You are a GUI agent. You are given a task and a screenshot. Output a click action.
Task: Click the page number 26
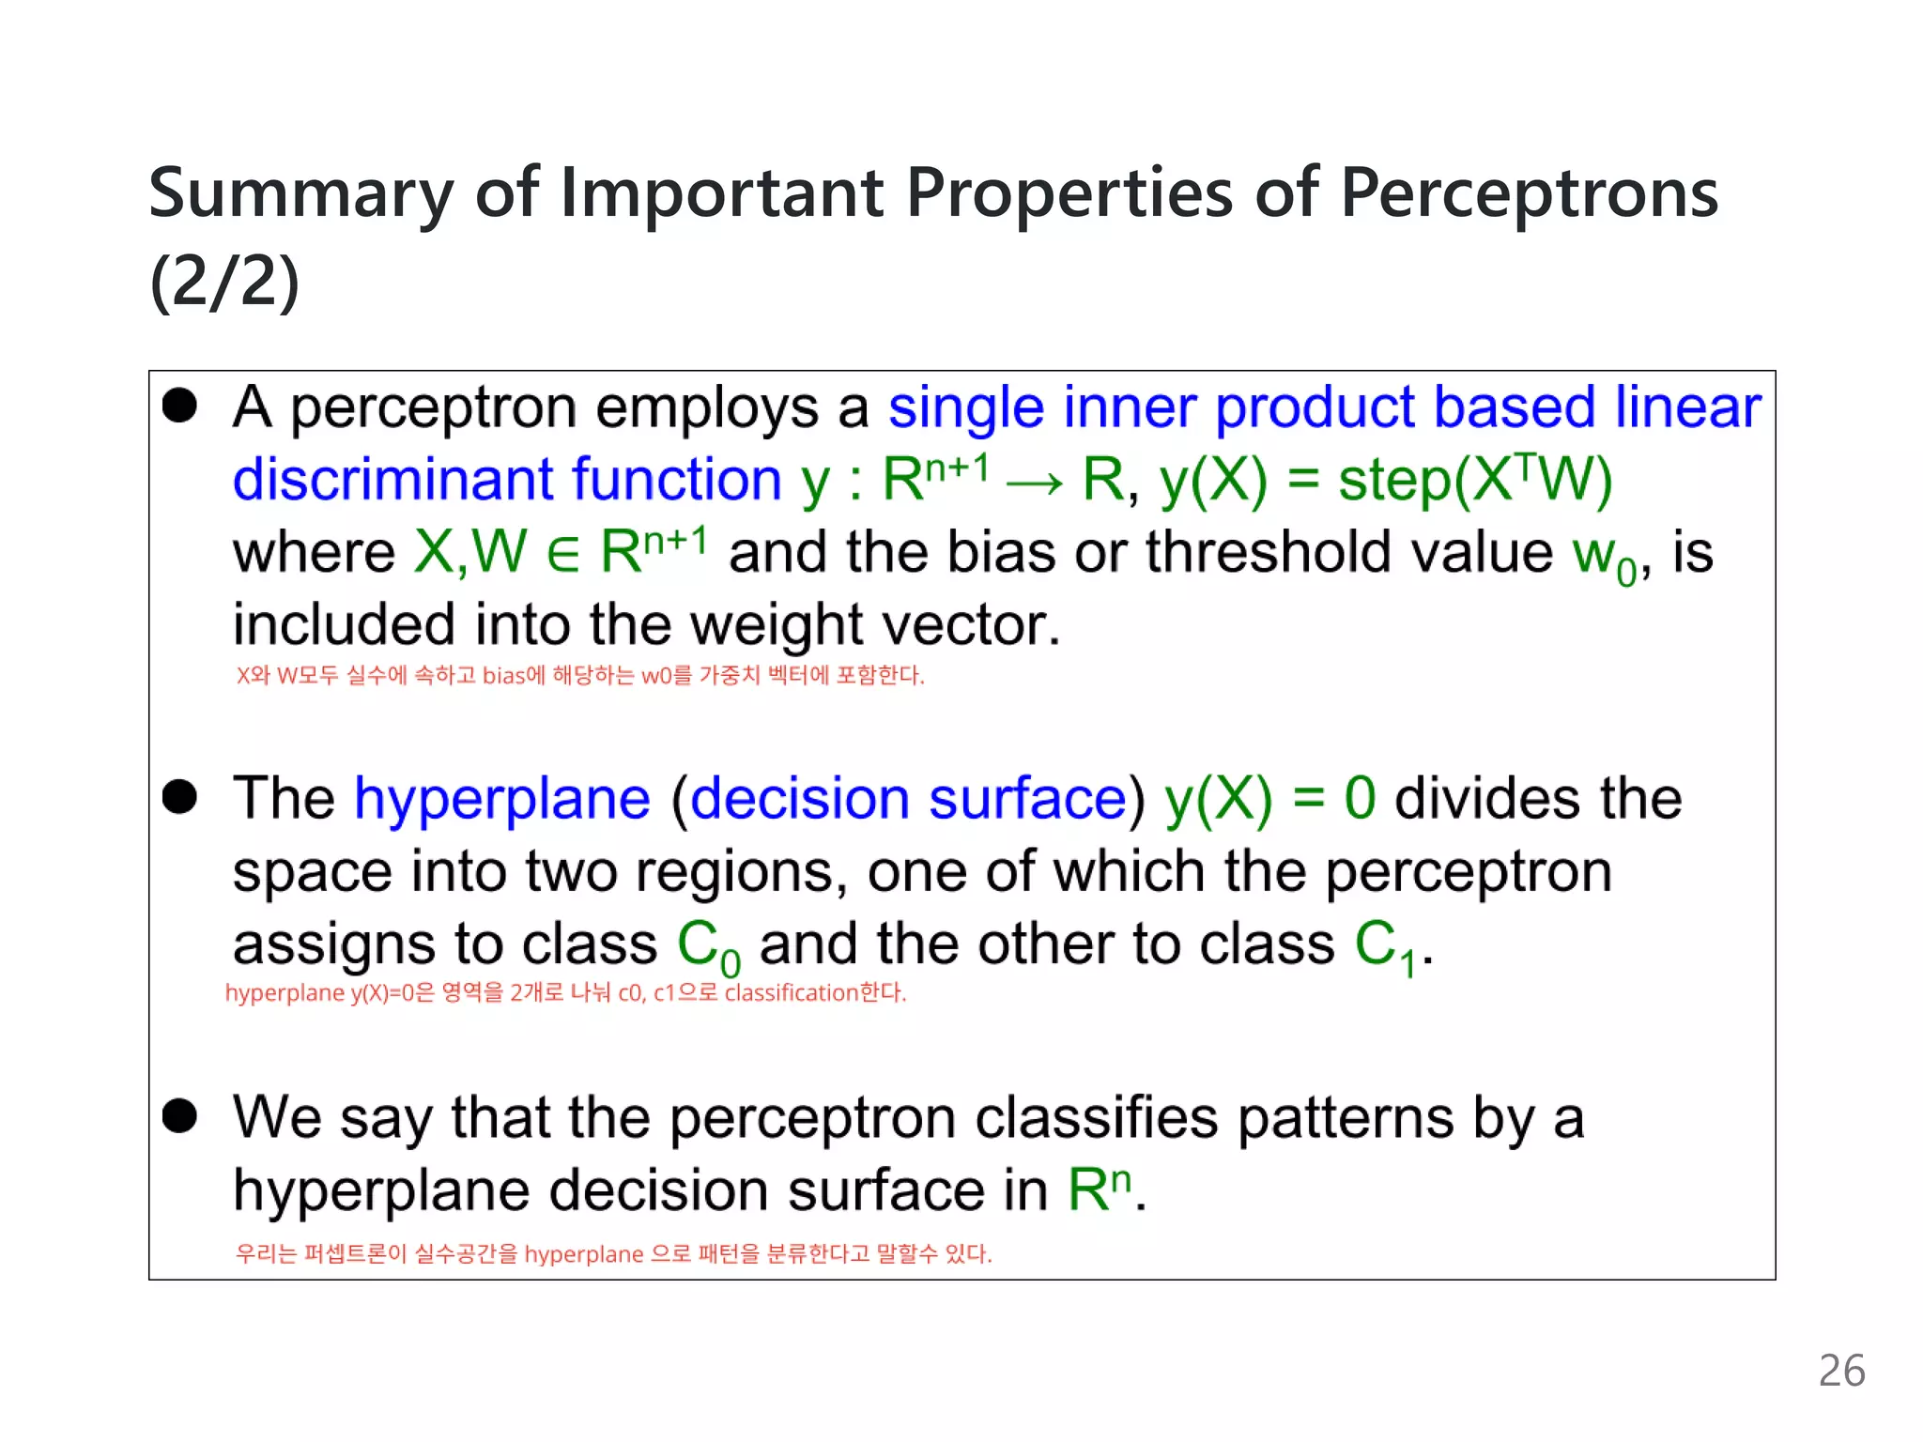[1840, 1371]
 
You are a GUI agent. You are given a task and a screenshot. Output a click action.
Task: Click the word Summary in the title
[300, 194]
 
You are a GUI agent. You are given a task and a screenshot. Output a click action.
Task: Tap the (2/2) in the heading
[224, 282]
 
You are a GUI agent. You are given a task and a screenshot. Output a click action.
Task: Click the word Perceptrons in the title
[1528, 194]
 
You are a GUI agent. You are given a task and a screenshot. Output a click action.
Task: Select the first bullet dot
[179, 407]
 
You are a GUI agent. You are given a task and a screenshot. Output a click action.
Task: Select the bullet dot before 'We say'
[179, 1117]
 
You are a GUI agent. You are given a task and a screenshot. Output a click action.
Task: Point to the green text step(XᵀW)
[1474, 480]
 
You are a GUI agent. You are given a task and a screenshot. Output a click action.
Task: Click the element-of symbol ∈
[562, 554]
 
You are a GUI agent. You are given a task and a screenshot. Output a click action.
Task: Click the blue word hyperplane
[502, 800]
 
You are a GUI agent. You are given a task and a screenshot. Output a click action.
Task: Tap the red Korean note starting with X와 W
[579, 675]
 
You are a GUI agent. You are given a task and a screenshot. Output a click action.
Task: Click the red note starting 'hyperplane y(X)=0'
[565, 992]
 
